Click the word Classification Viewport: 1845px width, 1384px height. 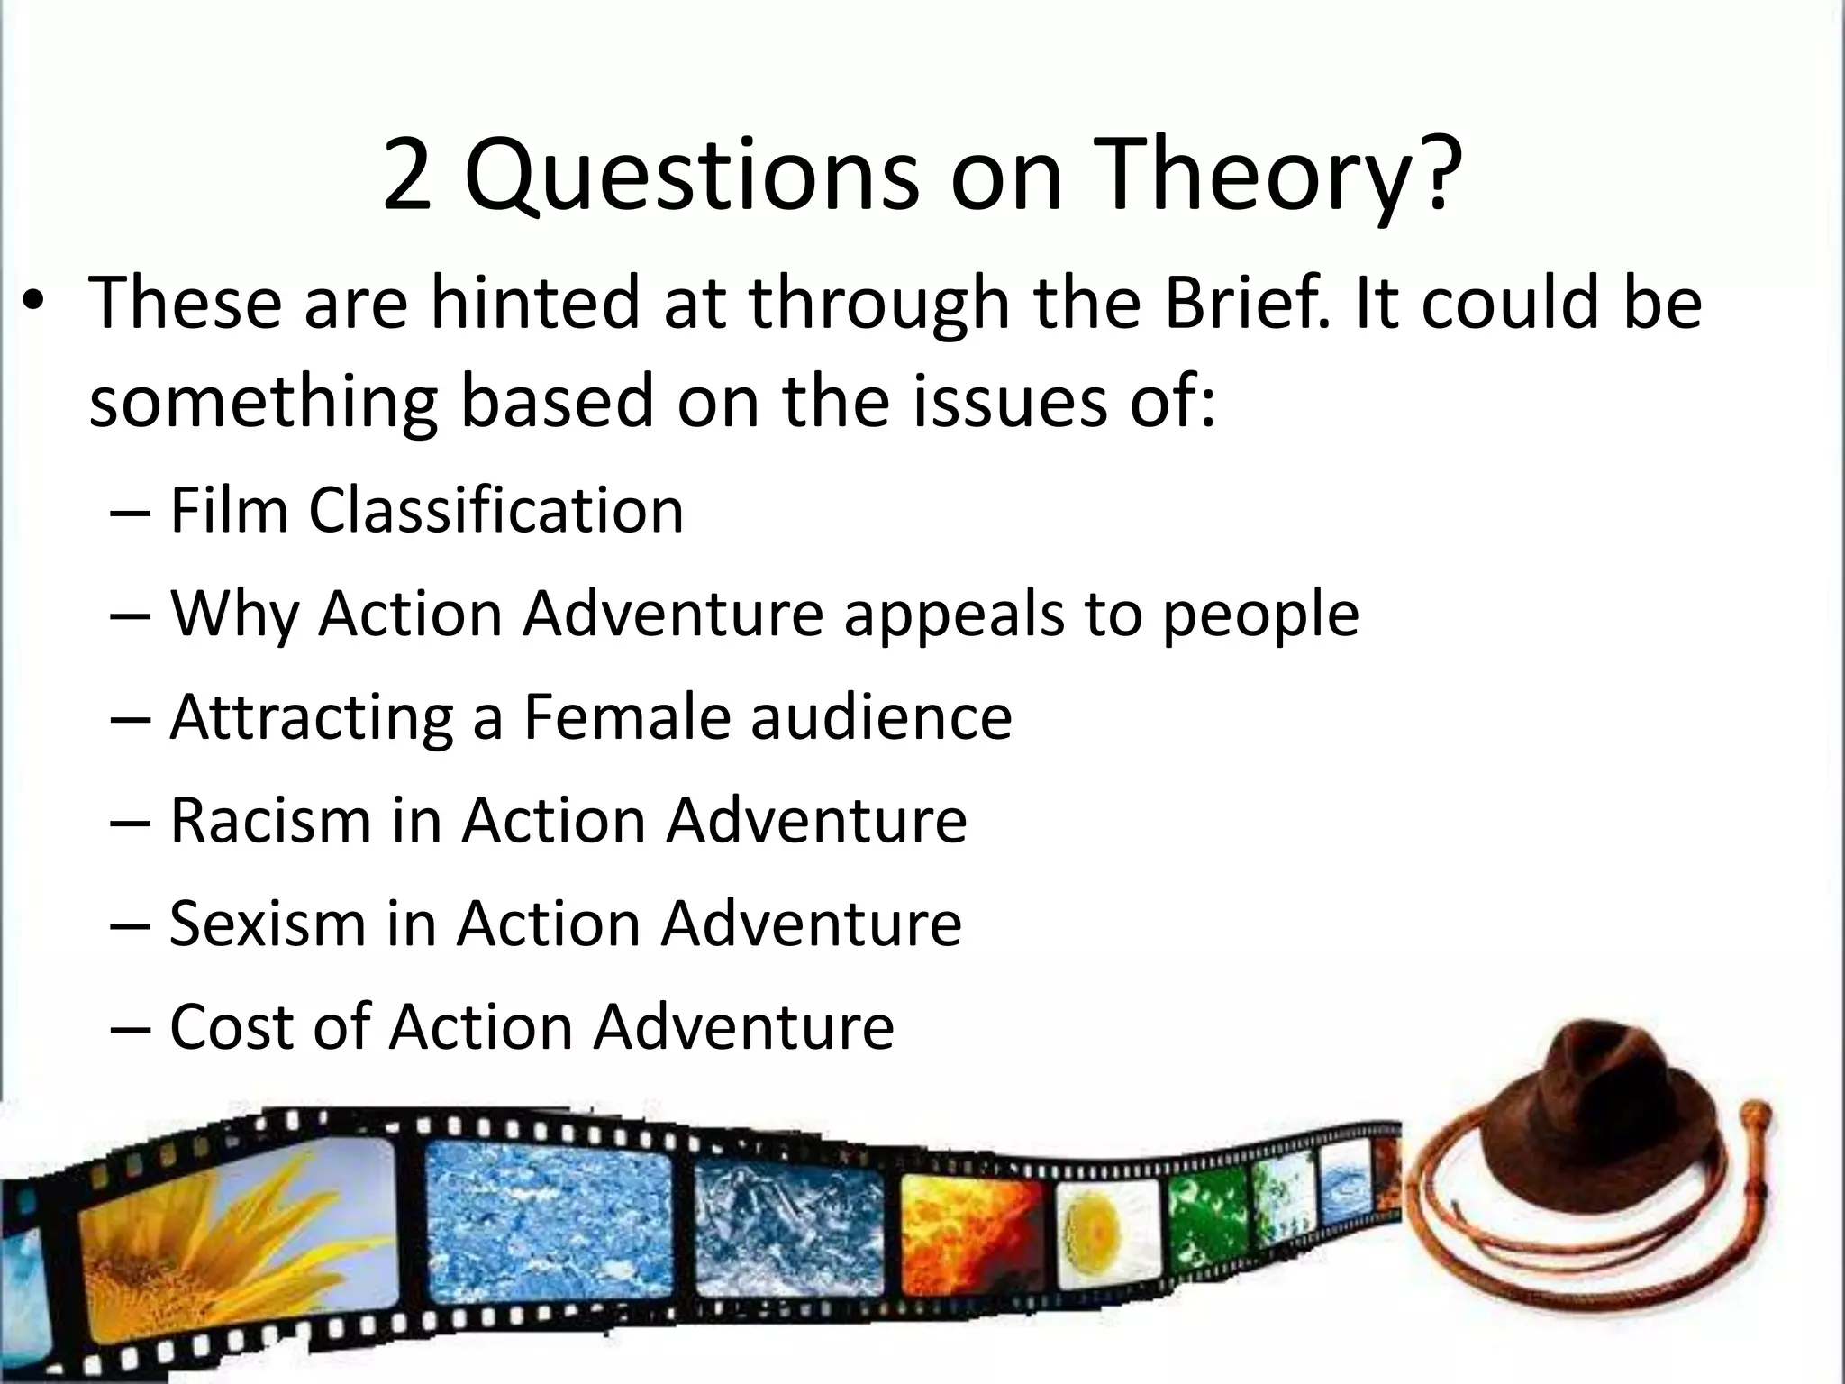(x=496, y=511)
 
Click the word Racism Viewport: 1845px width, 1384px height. (x=269, y=821)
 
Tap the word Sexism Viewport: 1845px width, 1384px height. (x=267, y=924)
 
